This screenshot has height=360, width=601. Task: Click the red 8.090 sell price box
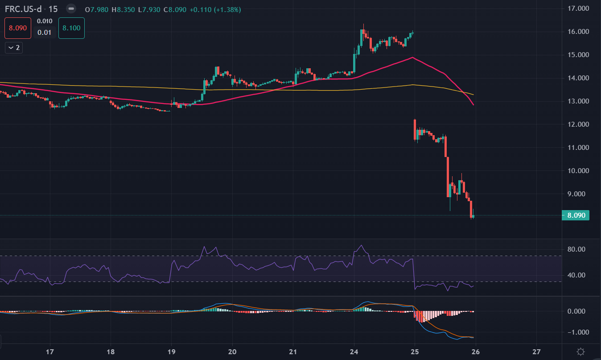(x=18, y=28)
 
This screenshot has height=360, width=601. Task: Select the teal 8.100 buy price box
(x=71, y=28)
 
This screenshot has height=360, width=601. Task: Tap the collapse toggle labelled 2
(x=14, y=47)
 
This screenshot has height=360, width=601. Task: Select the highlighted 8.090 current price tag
(x=576, y=215)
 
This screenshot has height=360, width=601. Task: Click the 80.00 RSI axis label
(x=576, y=249)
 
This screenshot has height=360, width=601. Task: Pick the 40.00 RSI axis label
(x=576, y=275)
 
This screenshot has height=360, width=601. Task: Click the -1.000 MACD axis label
(x=576, y=332)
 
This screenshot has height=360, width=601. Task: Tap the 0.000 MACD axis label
(x=576, y=311)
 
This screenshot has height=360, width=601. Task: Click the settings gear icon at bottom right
(x=580, y=351)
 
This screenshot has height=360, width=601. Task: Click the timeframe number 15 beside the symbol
(x=53, y=9)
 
